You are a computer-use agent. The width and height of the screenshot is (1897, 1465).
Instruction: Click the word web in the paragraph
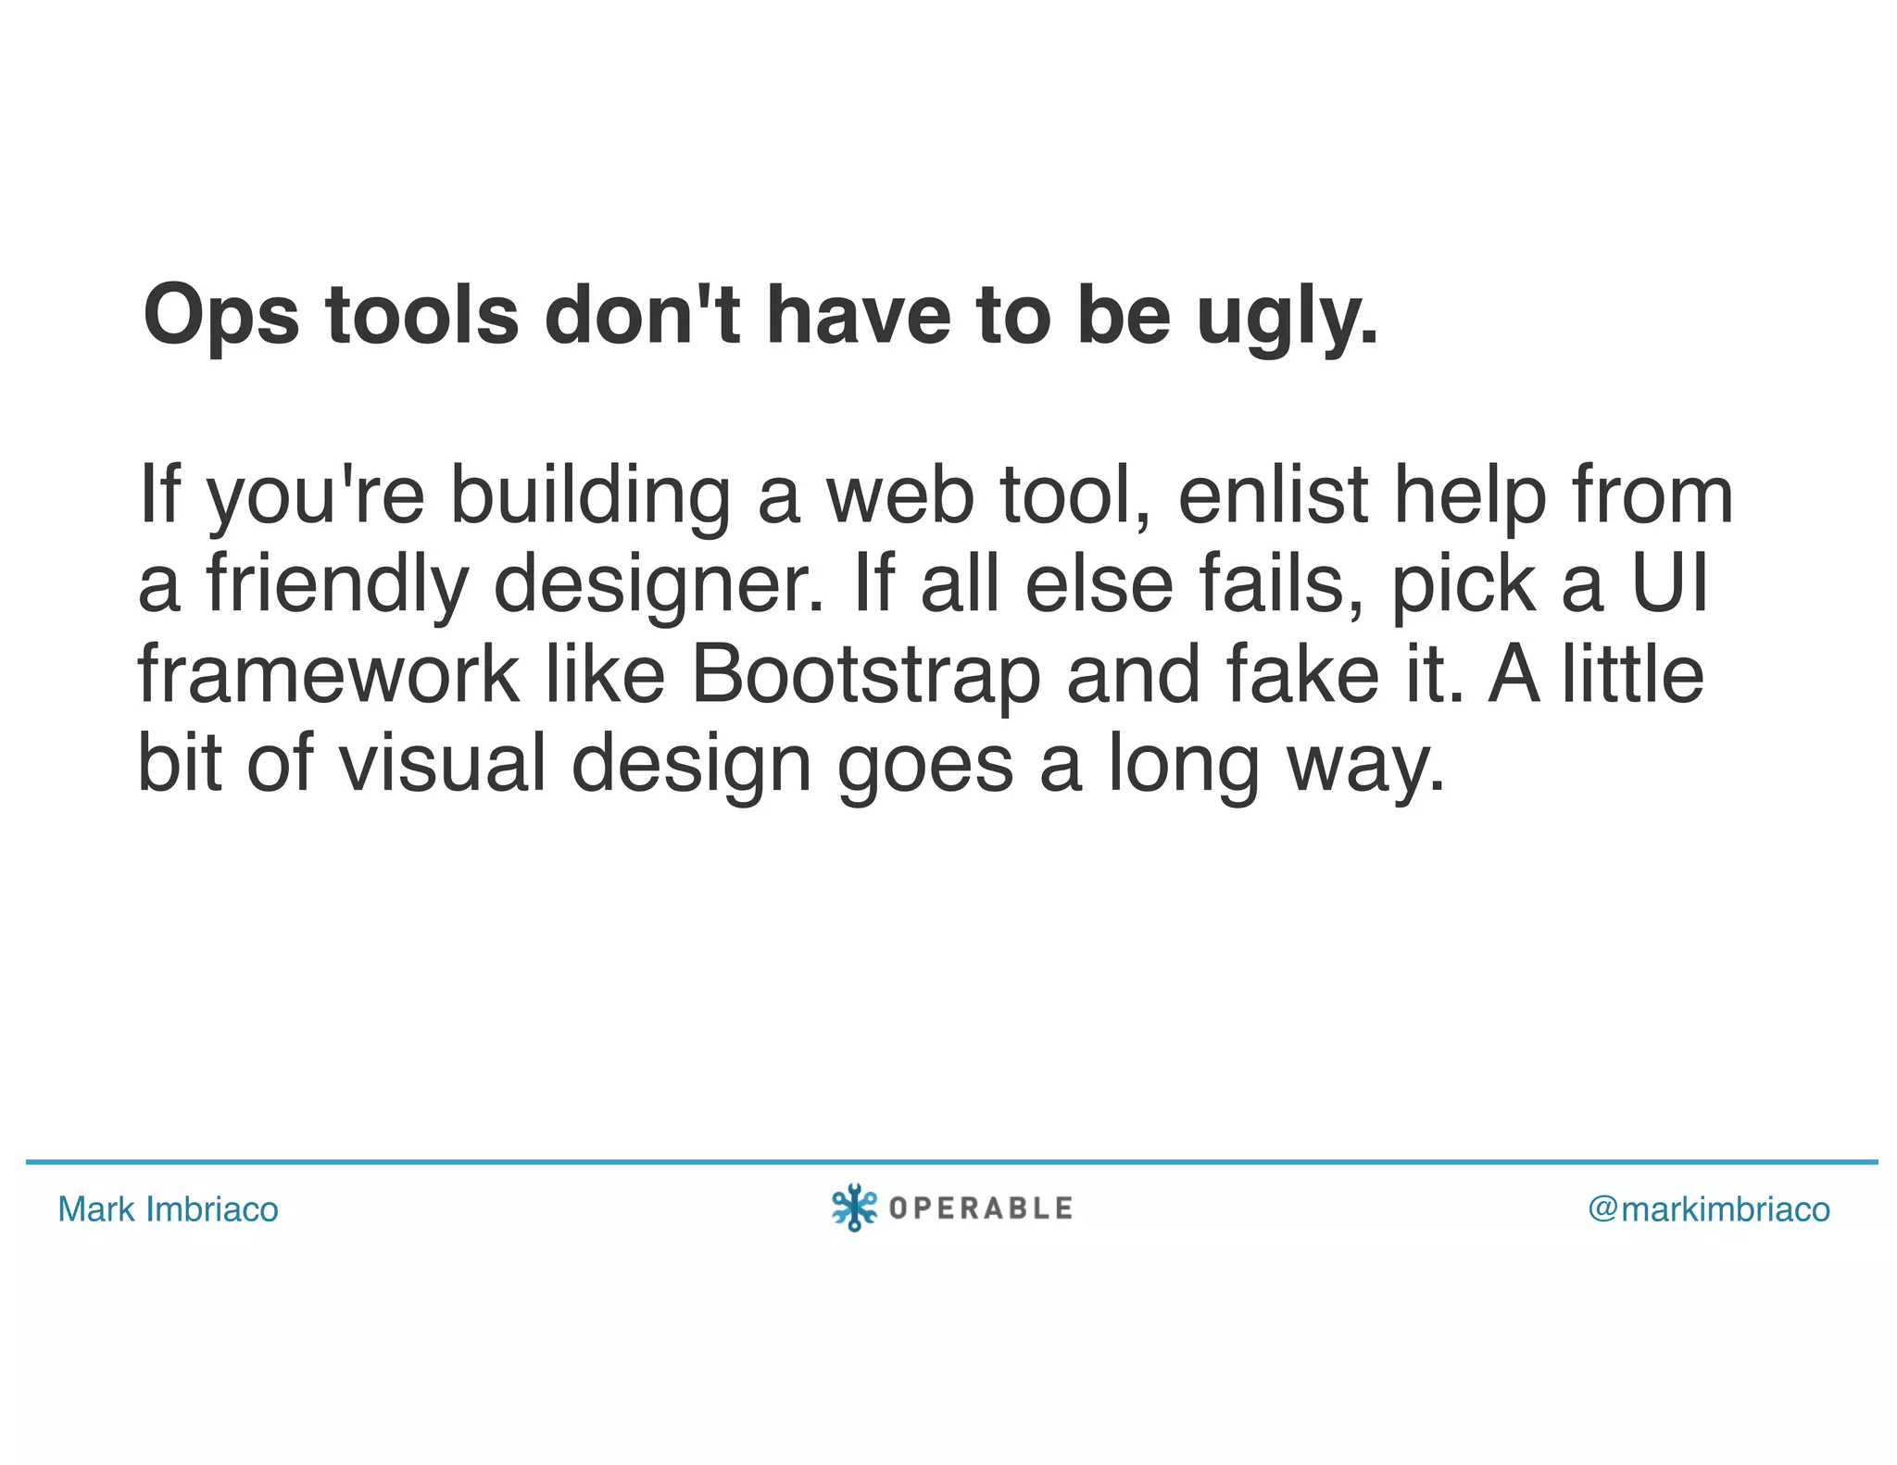(899, 495)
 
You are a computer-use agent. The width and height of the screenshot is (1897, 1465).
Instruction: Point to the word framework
(328, 674)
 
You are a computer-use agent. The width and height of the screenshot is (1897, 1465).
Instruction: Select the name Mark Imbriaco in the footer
(168, 1209)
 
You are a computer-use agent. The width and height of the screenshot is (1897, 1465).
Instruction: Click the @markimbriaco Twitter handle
(1709, 1209)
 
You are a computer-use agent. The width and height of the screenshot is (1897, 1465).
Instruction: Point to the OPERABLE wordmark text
(980, 1208)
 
